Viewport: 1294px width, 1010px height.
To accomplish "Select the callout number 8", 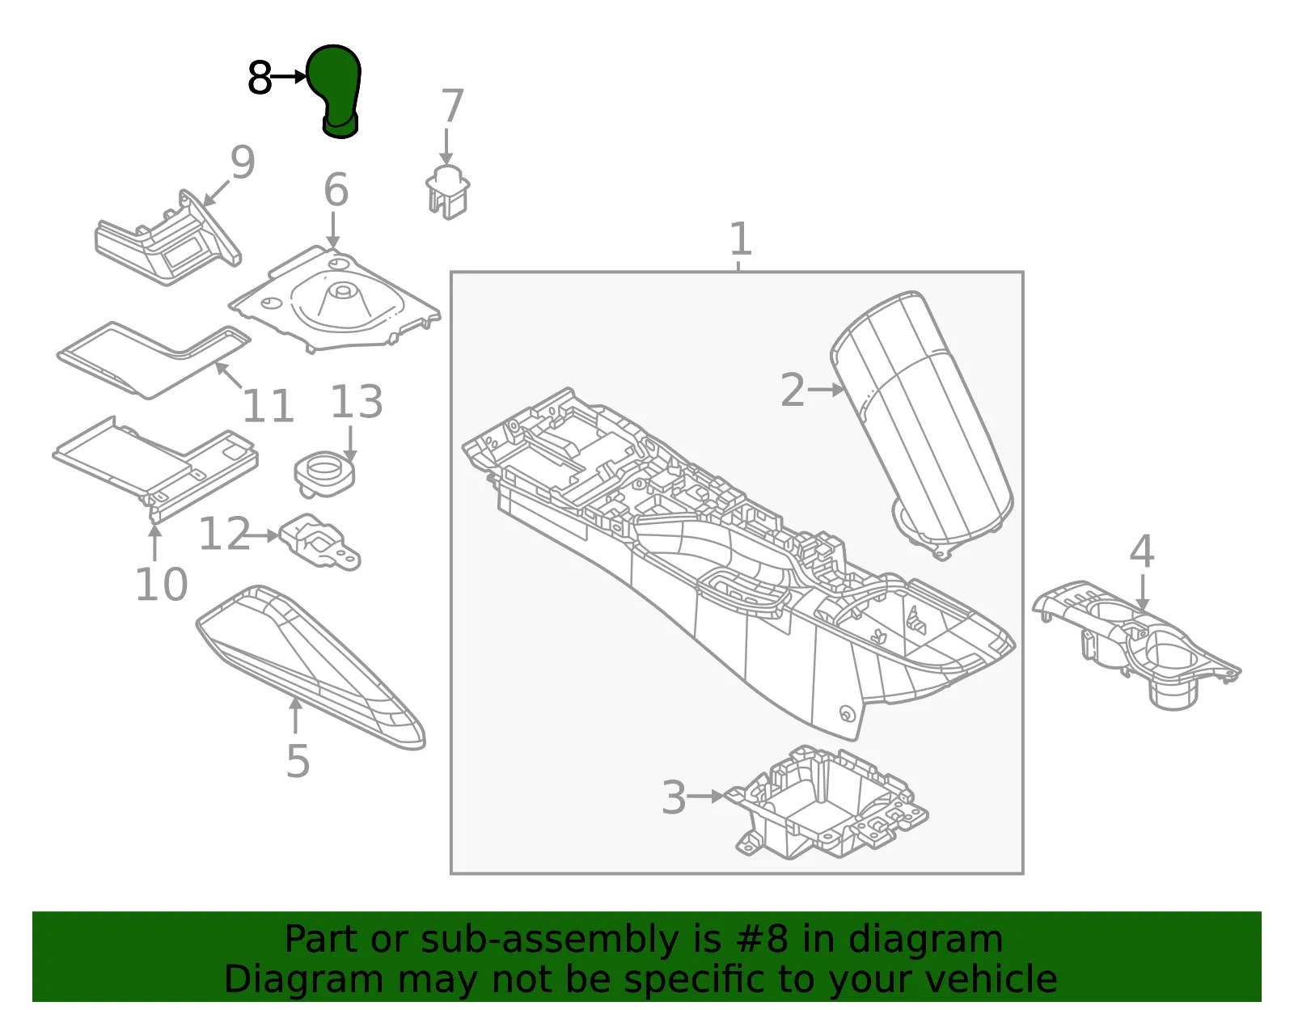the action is [260, 78].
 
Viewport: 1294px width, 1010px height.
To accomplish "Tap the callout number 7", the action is [452, 106].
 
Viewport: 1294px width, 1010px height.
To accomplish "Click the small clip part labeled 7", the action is [448, 192].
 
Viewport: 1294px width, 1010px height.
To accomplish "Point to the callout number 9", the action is [243, 162].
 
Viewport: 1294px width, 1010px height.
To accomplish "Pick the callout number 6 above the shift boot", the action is [336, 189].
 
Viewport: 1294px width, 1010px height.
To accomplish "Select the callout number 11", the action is [268, 406].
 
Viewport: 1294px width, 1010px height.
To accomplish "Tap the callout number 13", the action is [356, 401].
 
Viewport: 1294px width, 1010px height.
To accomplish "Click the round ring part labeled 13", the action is [325, 473].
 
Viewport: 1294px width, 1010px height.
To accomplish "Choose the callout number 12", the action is [225, 533].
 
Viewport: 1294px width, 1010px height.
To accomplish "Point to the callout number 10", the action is [162, 584].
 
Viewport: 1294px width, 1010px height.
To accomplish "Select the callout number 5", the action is [298, 761].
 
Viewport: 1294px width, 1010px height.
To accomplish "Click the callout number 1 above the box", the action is [740, 239].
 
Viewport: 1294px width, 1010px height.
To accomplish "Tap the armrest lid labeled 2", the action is [921, 425].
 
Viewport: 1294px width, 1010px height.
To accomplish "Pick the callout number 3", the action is [674, 797].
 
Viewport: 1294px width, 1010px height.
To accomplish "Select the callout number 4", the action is [1142, 551].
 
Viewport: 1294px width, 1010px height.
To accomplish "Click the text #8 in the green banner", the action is [762, 939].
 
